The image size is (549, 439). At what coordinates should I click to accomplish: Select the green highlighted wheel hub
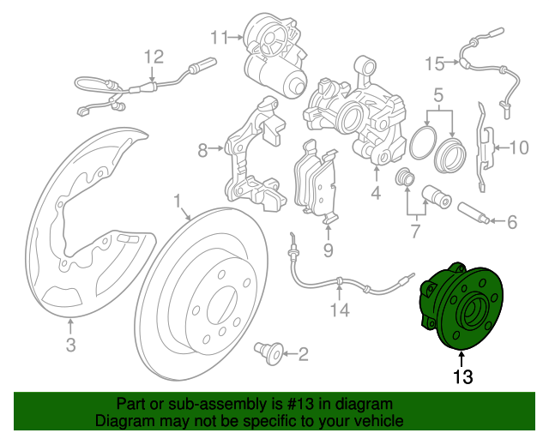455,309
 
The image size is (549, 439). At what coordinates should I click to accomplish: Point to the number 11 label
219,37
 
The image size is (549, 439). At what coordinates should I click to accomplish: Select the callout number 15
435,63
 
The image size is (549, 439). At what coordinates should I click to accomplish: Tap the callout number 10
520,147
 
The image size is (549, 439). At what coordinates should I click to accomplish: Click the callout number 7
416,231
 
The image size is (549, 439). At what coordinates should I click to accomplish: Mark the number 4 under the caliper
375,193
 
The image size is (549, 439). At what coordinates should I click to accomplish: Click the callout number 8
202,152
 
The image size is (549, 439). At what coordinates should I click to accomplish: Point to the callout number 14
341,310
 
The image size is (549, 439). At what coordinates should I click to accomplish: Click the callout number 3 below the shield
70,346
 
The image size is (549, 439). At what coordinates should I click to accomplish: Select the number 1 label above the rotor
178,202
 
